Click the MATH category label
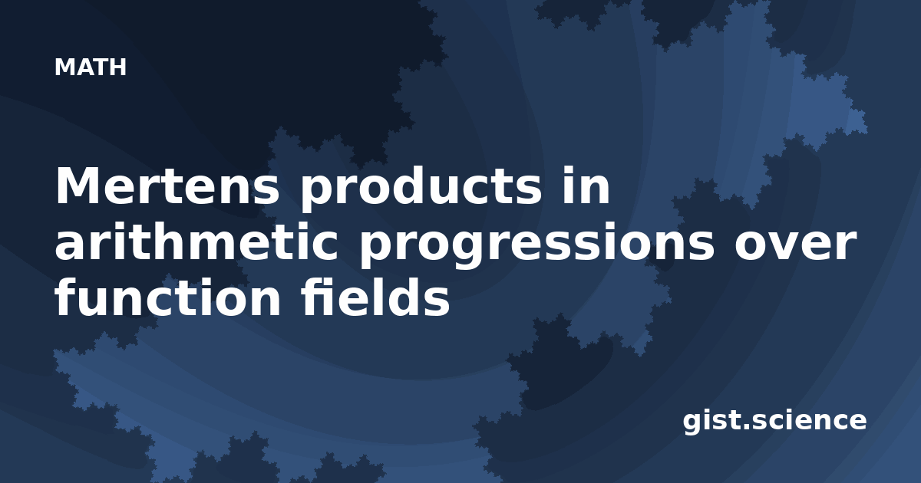(91, 67)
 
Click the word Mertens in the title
(168, 186)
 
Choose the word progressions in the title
(537, 245)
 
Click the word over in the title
(796, 245)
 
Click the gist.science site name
(774, 421)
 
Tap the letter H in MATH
(118, 67)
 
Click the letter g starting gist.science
(693, 425)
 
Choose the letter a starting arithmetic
(71, 245)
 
